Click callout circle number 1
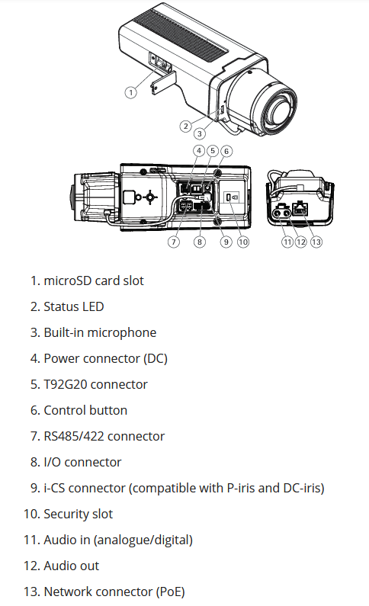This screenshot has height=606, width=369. tap(130, 92)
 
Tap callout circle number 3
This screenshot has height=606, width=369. tap(200, 133)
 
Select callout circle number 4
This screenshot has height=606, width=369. tap(199, 150)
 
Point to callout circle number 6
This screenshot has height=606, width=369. tap(226, 151)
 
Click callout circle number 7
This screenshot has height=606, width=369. tap(174, 242)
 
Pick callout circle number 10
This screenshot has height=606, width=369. tap(243, 242)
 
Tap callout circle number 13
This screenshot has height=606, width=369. tap(316, 242)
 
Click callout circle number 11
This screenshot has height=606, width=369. tap(287, 242)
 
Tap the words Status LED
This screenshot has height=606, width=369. tap(74, 306)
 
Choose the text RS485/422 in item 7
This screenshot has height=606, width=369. tap(74, 436)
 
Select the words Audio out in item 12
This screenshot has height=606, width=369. tap(72, 566)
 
